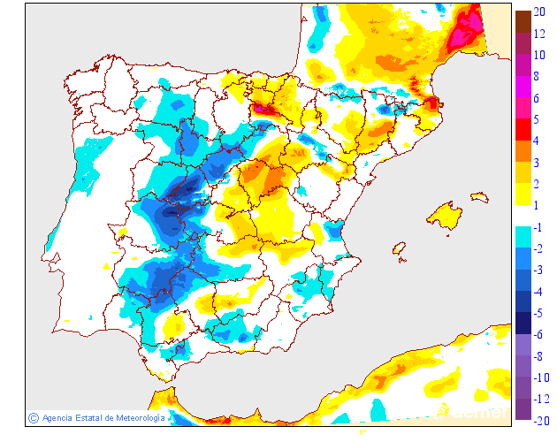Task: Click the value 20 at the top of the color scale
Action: (539, 13)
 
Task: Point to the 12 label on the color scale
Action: (539, 34)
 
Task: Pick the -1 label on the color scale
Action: (538, 228)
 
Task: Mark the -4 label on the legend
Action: (538, 292)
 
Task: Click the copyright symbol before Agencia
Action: (33, 417)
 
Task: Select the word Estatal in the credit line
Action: (83, 418)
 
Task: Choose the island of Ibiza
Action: (400, 249)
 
